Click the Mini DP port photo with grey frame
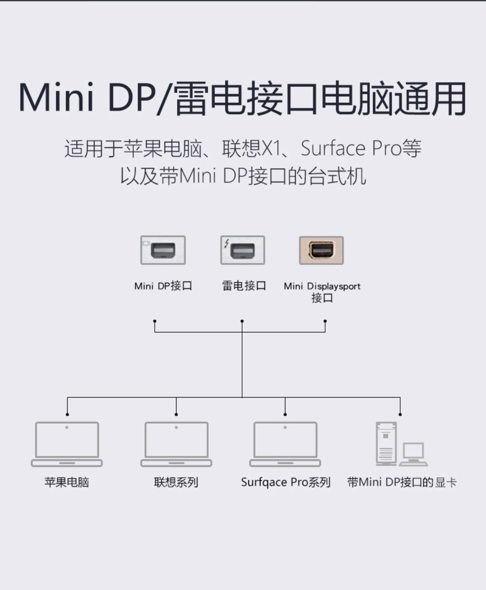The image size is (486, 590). (x=163, y=250)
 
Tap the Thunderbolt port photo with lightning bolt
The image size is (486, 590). (x=242, y=250)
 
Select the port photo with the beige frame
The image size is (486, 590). (x=321, y=250)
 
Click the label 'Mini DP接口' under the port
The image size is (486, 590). (x=163, y=286)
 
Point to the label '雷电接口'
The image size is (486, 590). (x=244, y=286)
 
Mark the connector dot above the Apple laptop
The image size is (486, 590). (x=67, y=414)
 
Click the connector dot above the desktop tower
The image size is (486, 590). (x=400, y=414)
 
